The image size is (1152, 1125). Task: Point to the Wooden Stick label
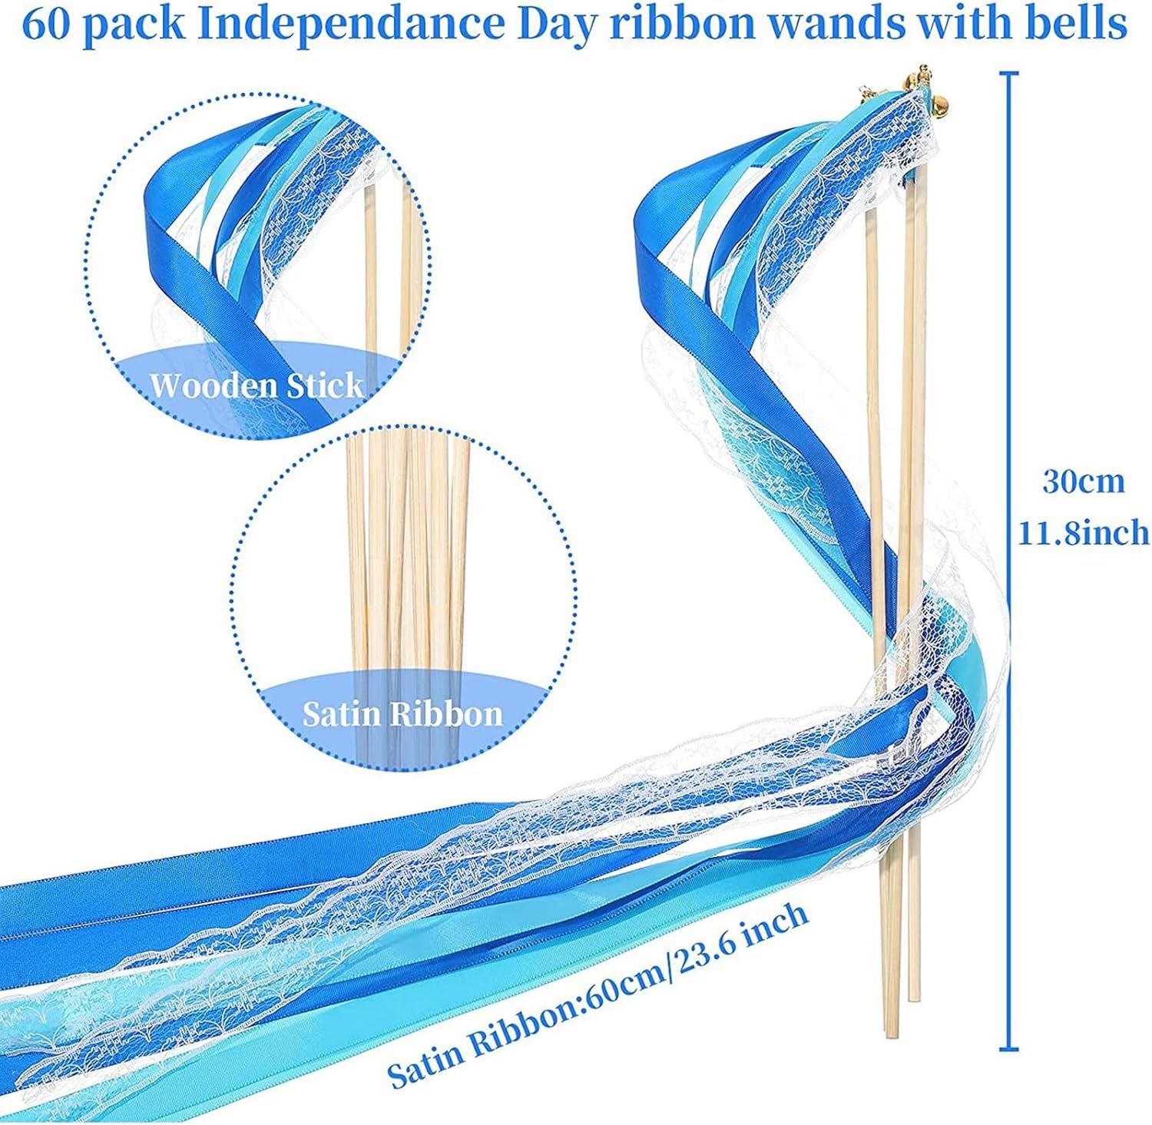point(257,384)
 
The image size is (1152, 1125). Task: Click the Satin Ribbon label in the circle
point(402,714)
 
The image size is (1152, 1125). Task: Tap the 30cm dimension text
point(1083,481)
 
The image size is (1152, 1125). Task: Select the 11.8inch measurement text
point(1083,532)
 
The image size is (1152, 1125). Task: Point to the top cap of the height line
point(1008,74)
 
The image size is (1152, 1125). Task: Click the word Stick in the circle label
point(324,384)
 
